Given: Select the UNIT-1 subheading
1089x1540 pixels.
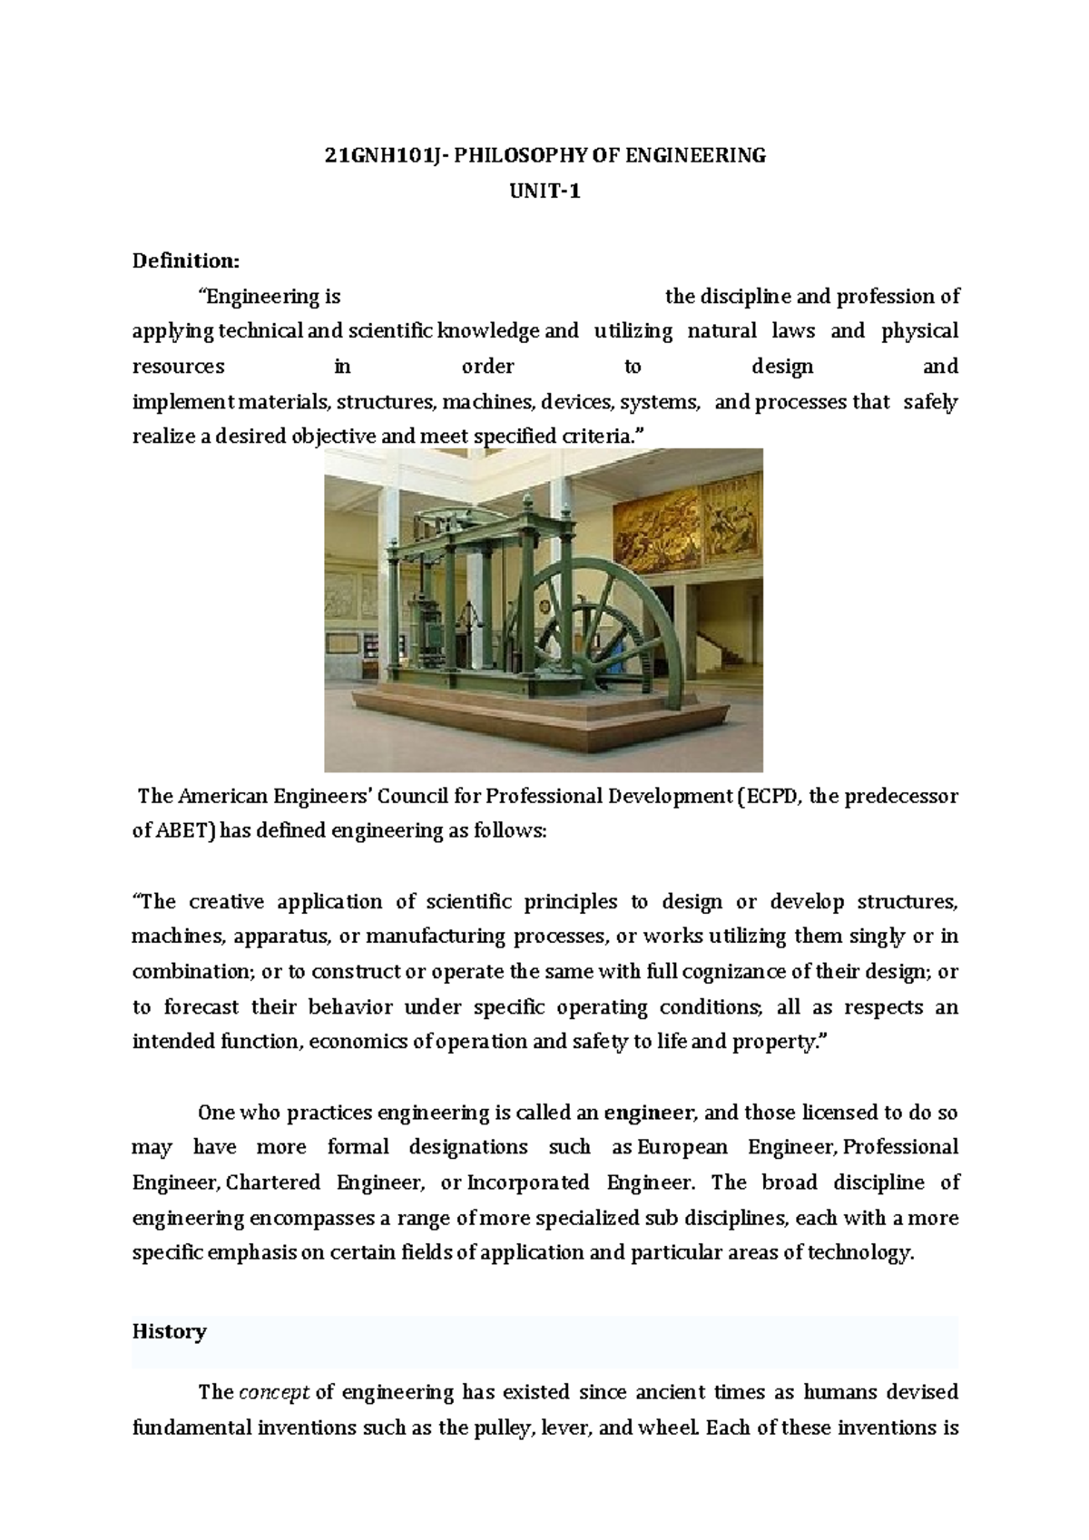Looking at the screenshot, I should [x=544, y=191].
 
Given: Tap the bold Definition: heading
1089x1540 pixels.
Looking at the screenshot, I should [x=186, y=261].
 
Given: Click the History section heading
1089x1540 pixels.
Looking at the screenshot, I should [x=170, y=1331].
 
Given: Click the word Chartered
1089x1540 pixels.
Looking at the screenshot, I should [x=273, y=1182].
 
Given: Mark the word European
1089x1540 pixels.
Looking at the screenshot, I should [x=682, y=1147].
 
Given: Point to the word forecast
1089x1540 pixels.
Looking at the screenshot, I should [x=202, y=1007].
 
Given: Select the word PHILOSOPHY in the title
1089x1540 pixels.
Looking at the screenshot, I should [x=521, y=155].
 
